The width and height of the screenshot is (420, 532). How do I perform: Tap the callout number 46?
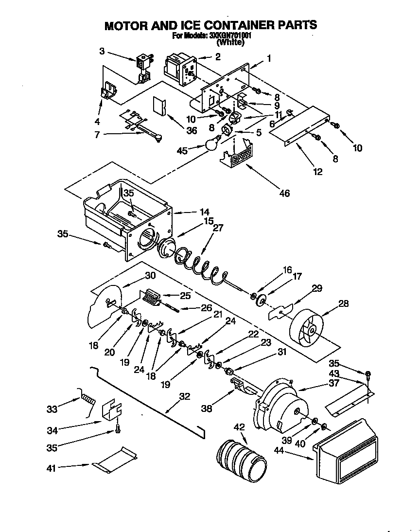click(284, 194)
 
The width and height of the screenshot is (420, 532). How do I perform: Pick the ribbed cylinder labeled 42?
click(241, 460)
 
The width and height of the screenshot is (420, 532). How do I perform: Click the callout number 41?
click(51, 468)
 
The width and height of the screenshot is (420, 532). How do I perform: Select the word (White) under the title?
click(230, 42)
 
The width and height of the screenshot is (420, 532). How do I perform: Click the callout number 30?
click(150, 275)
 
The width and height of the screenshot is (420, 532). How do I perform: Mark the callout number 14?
click(204, 212)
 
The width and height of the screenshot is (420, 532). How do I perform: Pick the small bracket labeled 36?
click(160, 105)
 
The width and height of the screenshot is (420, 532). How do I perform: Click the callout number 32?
click(184, 396)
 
